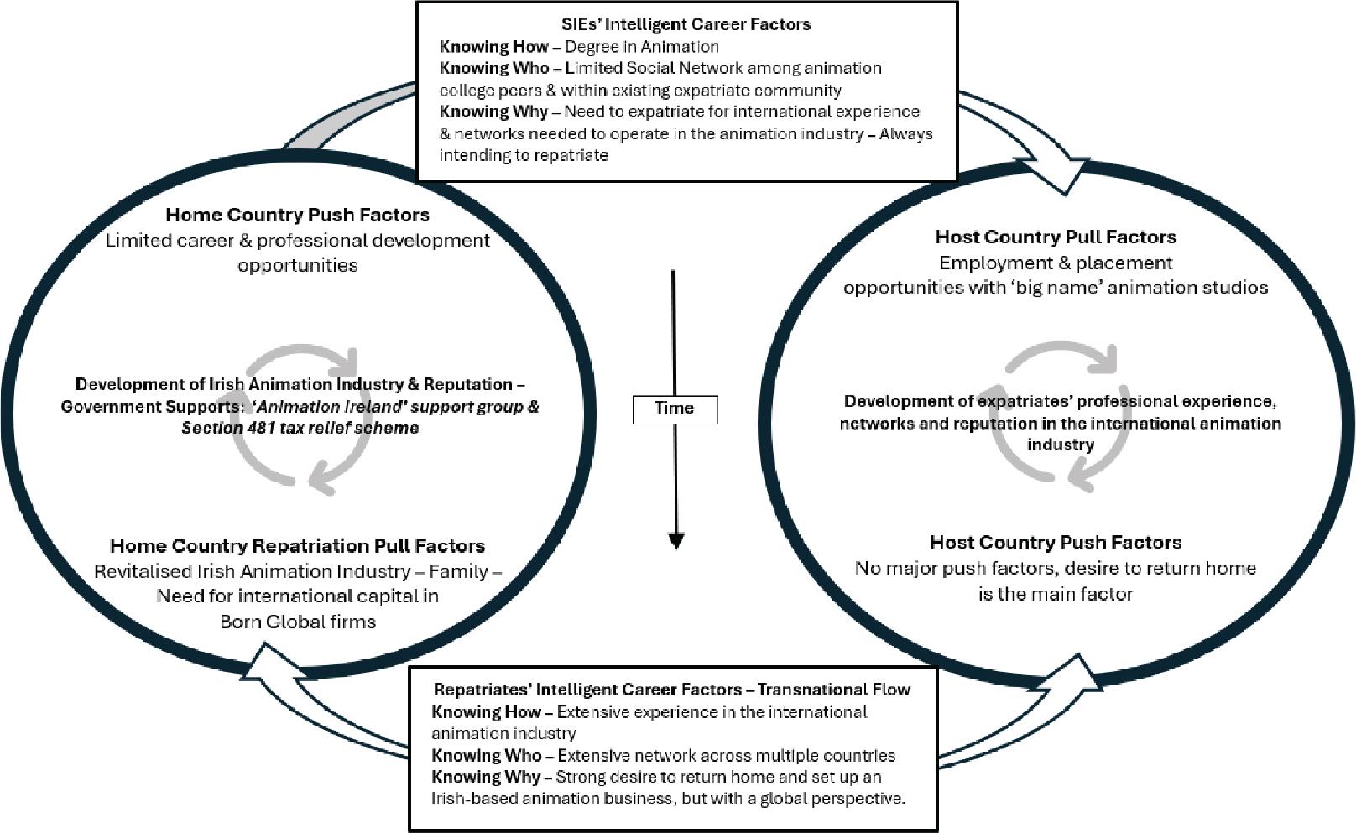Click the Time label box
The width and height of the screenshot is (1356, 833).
675,409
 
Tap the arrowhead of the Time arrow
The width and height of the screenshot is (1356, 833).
675,540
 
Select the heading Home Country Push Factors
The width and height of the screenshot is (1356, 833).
297,215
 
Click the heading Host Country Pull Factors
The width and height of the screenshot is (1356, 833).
1056,237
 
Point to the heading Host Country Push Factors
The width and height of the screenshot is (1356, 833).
1056,542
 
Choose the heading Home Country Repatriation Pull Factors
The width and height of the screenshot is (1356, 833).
297,546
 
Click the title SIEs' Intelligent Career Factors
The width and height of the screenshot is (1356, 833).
686,24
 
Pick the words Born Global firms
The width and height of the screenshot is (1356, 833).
298,622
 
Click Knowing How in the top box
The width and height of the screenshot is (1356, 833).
493,47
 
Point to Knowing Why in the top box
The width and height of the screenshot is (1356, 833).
493,112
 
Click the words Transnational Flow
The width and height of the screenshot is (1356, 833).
833,690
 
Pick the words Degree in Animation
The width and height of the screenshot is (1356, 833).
641,47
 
